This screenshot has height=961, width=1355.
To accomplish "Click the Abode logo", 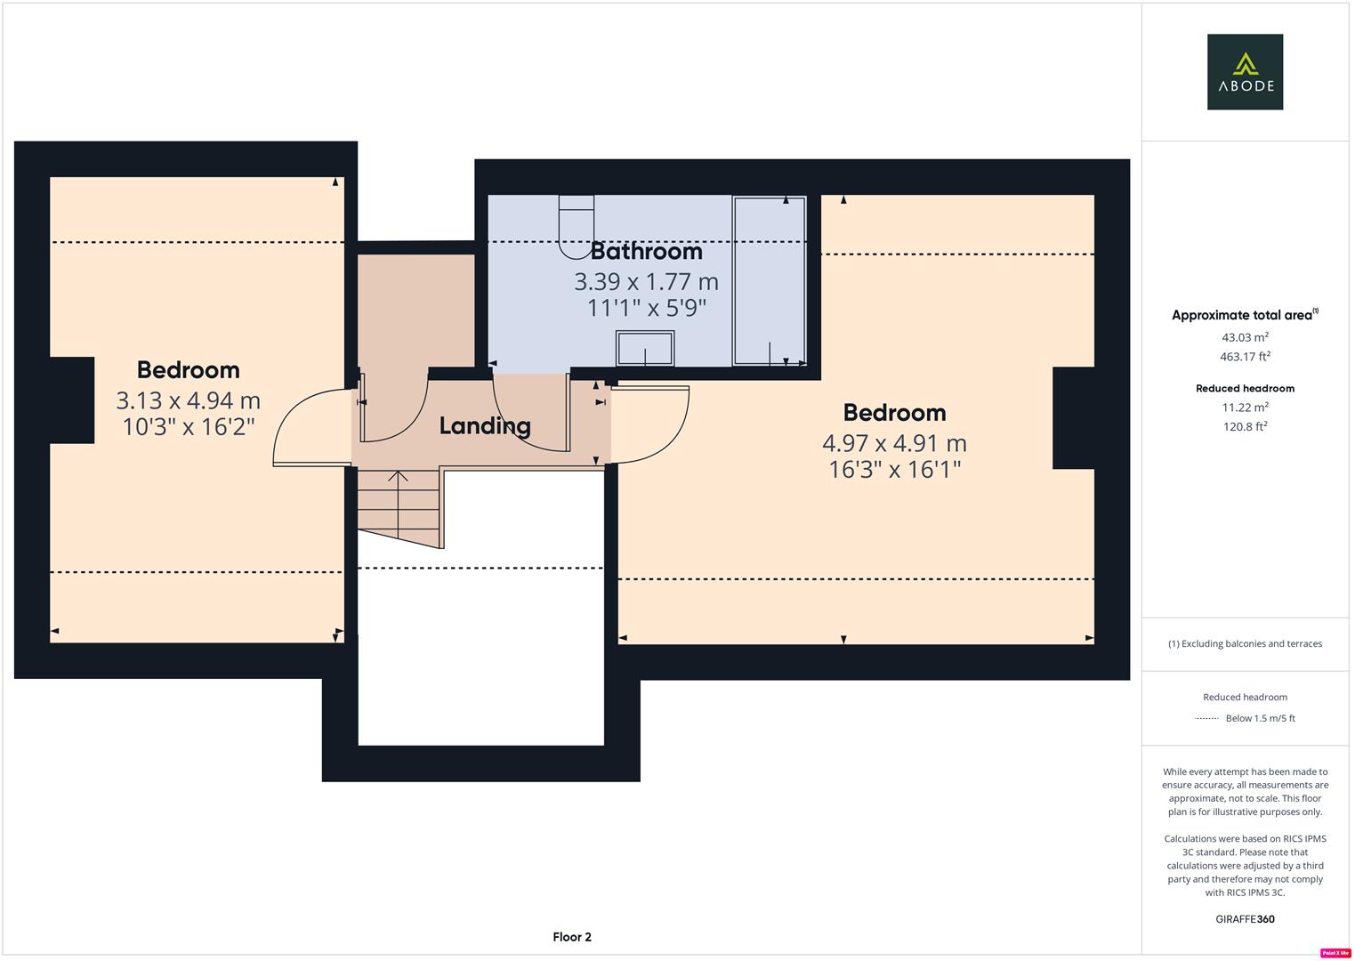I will point(1244,72).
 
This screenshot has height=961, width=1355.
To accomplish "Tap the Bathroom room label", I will point(646,252).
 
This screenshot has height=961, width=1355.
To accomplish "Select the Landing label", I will point(485,426).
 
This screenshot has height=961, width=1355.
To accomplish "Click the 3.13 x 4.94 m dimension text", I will point(188,401).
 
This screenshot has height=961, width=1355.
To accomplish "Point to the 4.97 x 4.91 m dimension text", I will point(894,443).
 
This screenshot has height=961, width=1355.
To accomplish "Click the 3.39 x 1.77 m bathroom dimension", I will point(646,282).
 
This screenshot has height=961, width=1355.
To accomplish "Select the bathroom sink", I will point(645,348).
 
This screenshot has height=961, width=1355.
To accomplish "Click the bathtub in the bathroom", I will point(769,281).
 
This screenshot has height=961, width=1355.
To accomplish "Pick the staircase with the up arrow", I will point(399,507).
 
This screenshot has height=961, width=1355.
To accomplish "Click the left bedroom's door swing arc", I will point(302,428).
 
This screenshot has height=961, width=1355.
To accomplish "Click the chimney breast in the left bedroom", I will point(72,400).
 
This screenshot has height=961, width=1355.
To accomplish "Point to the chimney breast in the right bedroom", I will point(1073,418).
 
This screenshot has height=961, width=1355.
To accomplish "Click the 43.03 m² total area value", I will point(1244,337).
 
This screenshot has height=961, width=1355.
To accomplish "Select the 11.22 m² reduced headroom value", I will point(1244,408).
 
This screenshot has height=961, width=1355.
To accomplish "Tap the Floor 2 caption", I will point(571,937).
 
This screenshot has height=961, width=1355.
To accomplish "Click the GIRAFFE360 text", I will point(1244,919).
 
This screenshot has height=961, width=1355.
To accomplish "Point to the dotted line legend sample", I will point(1206,718).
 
